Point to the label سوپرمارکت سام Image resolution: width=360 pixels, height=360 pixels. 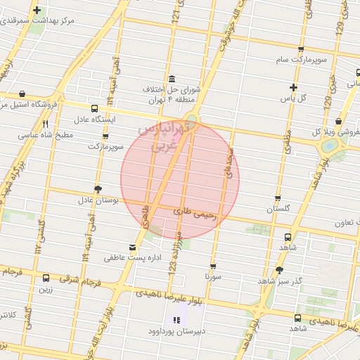tap(302, 61)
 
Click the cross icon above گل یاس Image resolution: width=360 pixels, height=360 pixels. tap(295, 87)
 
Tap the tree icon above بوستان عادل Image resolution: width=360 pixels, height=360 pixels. tap(97, 188)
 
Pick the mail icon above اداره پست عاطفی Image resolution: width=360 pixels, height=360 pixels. tap(133, 247)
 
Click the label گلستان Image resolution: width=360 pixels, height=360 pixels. tap(278, 210)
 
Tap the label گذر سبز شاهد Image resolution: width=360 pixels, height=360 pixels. tap(280, 281)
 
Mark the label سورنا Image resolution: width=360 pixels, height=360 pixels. tap(213, 277)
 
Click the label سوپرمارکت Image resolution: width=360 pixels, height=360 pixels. tap(105, 147)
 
